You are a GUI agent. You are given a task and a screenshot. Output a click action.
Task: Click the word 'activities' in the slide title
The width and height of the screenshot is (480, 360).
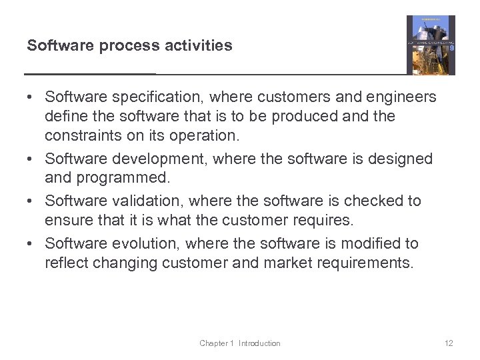click(x=200, y=46)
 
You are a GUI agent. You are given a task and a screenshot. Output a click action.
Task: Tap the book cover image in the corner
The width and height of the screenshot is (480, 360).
click(x=431, y=45)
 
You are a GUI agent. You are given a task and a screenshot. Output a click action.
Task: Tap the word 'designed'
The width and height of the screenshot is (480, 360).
click(x=401, y=159)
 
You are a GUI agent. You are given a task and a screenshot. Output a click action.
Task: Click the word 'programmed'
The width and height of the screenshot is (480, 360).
click(x=125, y=178)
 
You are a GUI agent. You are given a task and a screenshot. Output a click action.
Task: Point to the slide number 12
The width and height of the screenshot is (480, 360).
click(x=448, y=343)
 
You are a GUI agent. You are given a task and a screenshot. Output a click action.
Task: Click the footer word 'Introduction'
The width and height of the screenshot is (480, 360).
click(x=259, y=343)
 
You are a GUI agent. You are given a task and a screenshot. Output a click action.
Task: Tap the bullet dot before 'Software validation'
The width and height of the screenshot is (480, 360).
click(x=31, y=201)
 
